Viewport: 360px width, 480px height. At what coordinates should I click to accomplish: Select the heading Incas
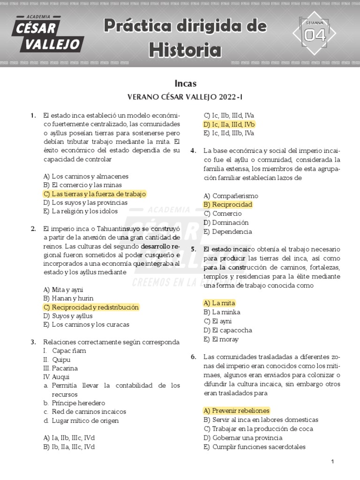[185, 83]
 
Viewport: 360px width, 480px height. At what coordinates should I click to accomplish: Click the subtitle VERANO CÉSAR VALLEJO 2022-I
[185, 97]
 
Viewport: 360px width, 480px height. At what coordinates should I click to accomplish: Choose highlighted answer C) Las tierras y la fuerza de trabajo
[94, 194]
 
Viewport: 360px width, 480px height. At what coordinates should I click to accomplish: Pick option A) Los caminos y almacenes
[85, 176]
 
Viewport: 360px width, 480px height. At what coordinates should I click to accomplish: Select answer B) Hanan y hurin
[68, 298]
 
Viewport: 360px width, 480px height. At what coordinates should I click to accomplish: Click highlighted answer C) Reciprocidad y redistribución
[91, 307]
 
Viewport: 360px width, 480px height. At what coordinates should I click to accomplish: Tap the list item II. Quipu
[57, 360]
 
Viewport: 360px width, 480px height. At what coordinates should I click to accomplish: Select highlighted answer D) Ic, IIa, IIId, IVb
[229, 124]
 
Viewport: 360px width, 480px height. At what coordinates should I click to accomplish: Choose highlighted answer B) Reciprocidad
[228, 204]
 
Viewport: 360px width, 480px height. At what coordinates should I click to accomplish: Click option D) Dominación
[226, 222]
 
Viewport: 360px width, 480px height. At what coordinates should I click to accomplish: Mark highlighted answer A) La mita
[219, 303]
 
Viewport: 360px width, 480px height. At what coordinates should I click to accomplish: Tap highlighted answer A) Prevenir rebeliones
[236, 410]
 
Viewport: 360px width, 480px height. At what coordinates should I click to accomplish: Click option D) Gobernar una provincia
[243, 437]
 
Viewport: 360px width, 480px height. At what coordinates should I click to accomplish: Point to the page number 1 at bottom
[332, 462]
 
